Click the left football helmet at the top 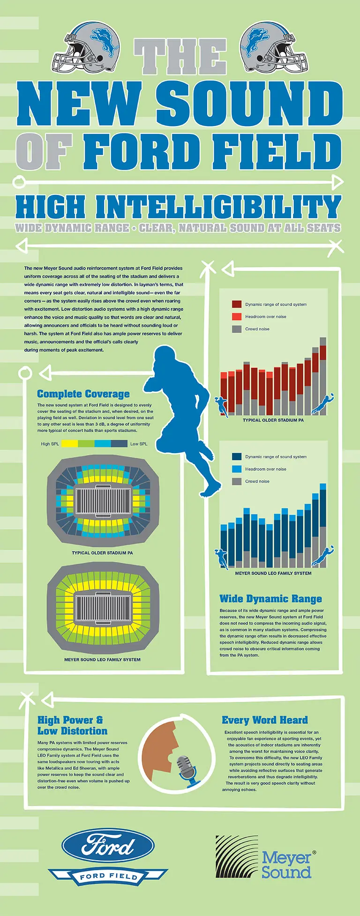click(87, 48)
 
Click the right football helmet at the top click(274, 48)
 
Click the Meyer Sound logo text click(287, 865)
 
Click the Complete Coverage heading click(83, 394)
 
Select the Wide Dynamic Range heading click(270, 599)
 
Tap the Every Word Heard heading click(265, 720)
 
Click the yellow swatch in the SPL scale click(70, 443)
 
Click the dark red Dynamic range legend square click(237, 304)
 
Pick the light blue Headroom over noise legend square click(237, 469)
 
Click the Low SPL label click(138, 444)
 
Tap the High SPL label click(50, 444)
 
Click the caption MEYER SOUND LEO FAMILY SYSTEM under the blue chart click(273, 573)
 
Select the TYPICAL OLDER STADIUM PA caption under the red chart click(273, 420)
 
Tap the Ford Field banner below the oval click(108, 876)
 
